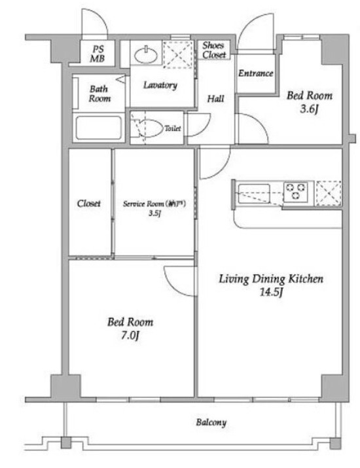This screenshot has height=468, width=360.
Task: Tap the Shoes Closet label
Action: [213, 50]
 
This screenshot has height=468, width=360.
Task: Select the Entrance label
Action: [255, 73]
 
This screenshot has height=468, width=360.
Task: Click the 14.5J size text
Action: [270, 292]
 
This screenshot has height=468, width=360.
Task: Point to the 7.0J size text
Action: [130, 335]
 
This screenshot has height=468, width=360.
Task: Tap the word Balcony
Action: [211, 422]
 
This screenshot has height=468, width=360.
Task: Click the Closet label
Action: [89, 204]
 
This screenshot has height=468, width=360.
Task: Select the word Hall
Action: [216, 99]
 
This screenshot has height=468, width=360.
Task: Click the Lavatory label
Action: [160, 85]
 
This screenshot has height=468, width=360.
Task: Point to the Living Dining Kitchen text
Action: [271, 279]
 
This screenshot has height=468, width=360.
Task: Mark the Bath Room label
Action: [99, 94]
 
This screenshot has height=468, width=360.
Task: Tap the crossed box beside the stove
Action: [329, 192]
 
